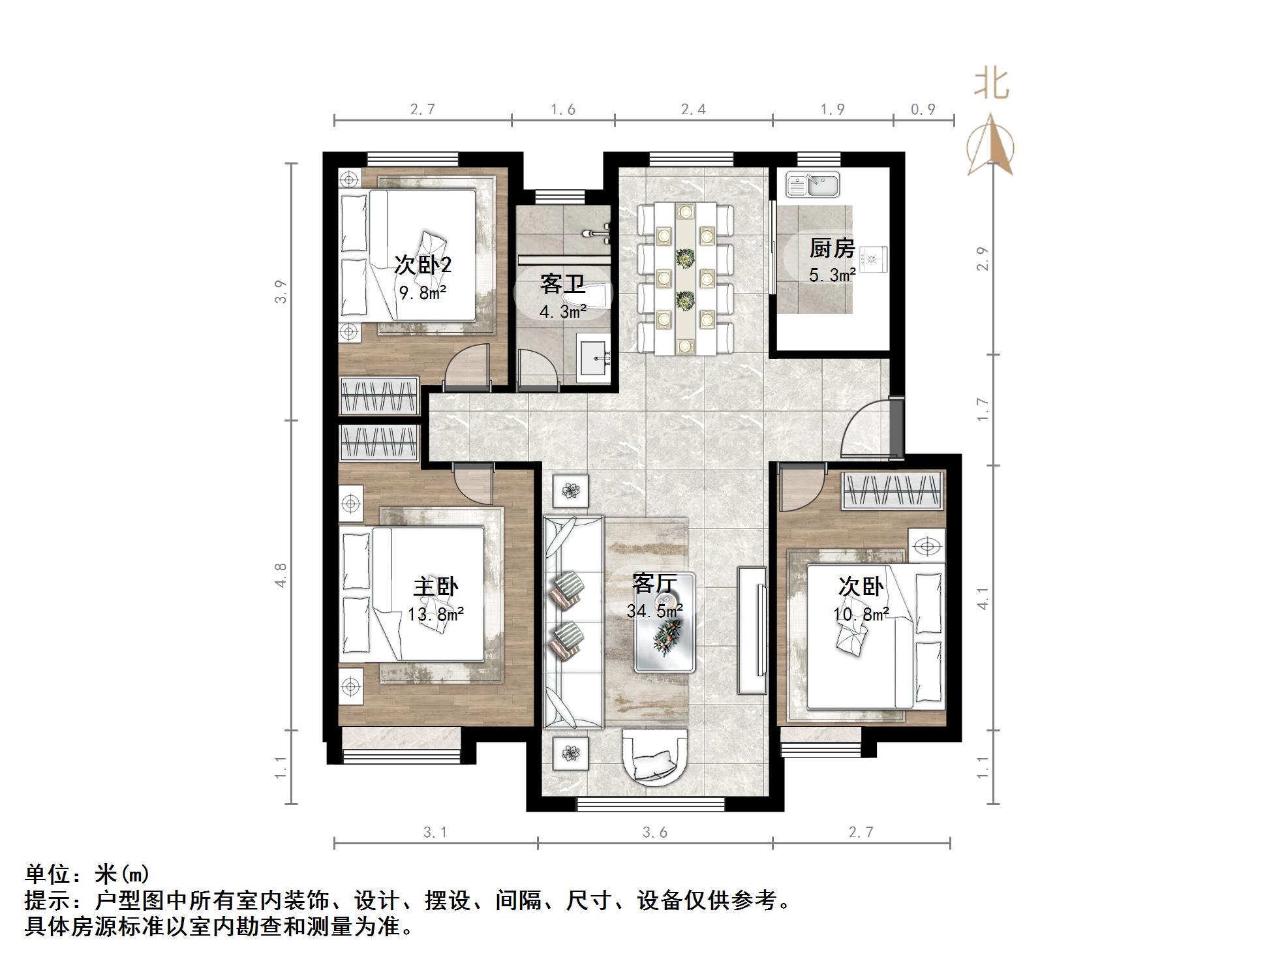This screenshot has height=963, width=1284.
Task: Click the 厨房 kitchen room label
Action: pyautogui.click(x=831, y=249)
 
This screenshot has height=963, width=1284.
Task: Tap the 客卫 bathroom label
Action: pyautogui.click(x=562, y=285)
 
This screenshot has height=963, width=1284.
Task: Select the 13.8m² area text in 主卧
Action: pyautogui.click(x=435, y=614)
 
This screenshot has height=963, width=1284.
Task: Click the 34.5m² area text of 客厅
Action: pyautogui.click(x=654, y=611)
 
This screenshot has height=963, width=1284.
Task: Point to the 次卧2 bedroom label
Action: pyautogui.click(x=423, y=265)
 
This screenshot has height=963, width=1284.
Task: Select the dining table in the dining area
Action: pyautogui.click(x=685, y=279)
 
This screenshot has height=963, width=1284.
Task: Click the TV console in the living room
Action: pyautogui.click(x=752, y=630)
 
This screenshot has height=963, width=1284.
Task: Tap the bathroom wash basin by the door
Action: pyautogui.click(x=594, y=358)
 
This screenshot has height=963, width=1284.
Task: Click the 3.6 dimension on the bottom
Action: pyautogui.click(x=655, y=833)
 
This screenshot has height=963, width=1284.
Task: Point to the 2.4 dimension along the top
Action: pyautogui.click(x=693, y=110)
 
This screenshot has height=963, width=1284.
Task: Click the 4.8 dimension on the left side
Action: pyautogui.click(x=281, y=575)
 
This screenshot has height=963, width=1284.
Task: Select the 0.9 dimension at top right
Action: pyautogui.click(x=923, y=110)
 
